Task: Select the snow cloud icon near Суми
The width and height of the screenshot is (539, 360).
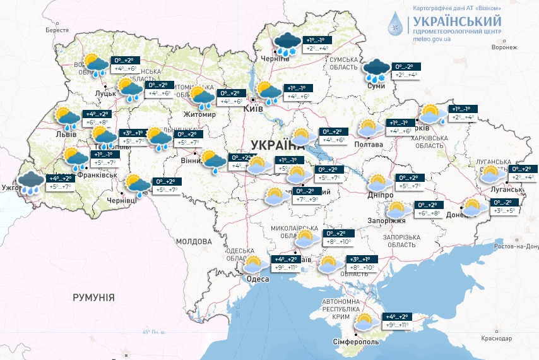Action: coord(377,69)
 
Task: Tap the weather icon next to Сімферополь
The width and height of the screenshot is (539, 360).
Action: coord(365,321)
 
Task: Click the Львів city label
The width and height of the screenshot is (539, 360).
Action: coord(66,134)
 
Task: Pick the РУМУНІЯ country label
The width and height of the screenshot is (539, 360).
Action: coord(93,297)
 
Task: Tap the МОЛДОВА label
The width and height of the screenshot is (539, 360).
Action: coord(194,241)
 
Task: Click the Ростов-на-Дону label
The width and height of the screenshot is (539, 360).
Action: coord(514,245)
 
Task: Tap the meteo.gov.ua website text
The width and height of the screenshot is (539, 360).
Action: coord(431,39)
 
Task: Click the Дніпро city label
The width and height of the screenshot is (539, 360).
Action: coord(381,196)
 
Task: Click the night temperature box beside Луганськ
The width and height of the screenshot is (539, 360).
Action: coord(524,169)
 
